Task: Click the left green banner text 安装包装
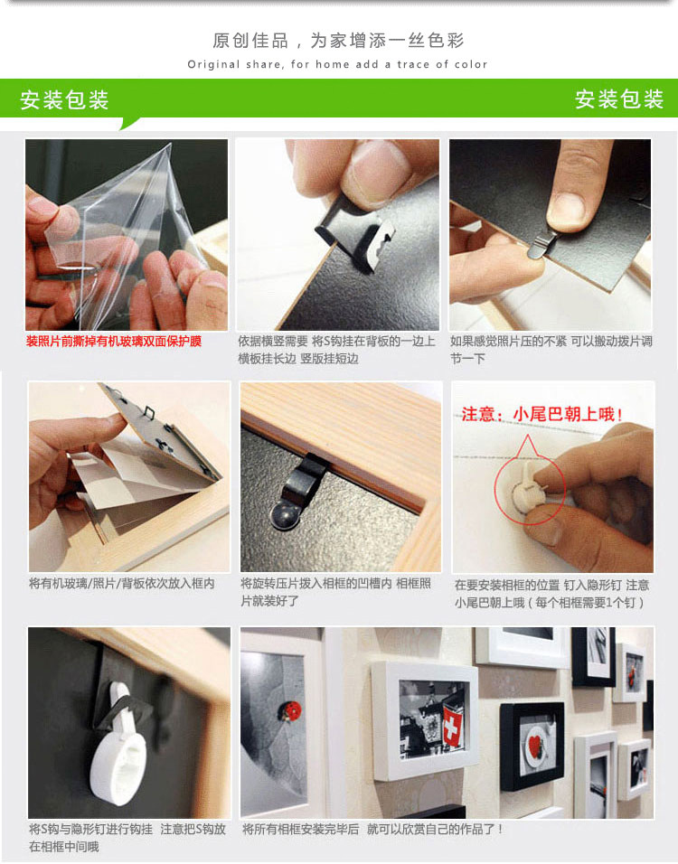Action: tap(64, 99)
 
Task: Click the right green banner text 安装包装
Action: tap(619, 99)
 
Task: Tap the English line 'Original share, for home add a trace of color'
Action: tap(337, 64)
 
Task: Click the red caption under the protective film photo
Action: tap(114, 342)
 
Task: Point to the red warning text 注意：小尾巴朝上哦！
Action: tap(542, 414)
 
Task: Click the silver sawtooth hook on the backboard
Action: tap(373, 247)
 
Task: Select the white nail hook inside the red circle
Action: tap(527, 488)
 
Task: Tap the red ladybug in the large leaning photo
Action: tap(291, 709)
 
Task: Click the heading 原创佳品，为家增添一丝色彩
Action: tap(338, 41)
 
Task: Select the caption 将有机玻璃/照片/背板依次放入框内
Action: tap(122, 584)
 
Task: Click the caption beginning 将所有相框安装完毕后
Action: tap(372, 829)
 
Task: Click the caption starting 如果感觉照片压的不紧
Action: tap(551, 350)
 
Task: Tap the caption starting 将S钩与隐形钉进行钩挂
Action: tap(127, 838)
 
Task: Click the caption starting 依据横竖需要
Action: tap(336, 350)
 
